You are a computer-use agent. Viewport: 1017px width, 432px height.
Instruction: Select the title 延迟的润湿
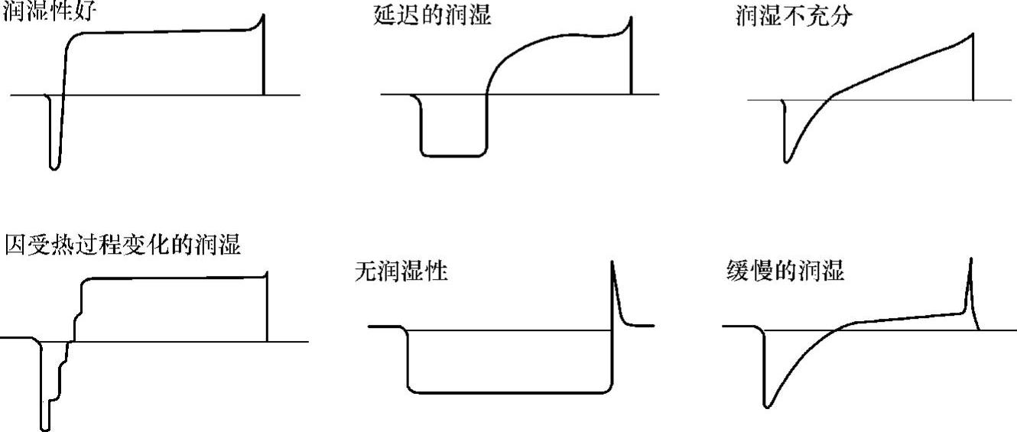point(427,16)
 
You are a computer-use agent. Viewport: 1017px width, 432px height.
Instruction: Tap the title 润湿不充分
point(792,16)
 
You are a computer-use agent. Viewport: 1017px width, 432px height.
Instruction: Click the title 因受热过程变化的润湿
point(122,245)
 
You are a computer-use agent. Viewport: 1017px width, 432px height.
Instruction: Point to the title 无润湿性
point(401,271)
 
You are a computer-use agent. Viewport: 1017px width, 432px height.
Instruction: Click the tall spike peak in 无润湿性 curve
point(613,263)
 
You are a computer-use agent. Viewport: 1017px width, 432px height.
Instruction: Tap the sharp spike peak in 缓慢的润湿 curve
point(970,260)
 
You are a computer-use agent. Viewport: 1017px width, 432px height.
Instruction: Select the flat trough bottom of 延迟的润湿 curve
point(453,156)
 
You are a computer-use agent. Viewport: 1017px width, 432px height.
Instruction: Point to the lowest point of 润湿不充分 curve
point(785,161)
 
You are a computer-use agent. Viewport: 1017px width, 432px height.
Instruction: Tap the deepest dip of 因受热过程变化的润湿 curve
point(45,428)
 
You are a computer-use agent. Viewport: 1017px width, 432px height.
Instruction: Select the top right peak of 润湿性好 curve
point(263,15)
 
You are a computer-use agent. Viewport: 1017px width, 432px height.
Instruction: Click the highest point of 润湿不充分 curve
point(973,33)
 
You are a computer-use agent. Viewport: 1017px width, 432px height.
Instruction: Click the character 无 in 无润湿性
point(366,271)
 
